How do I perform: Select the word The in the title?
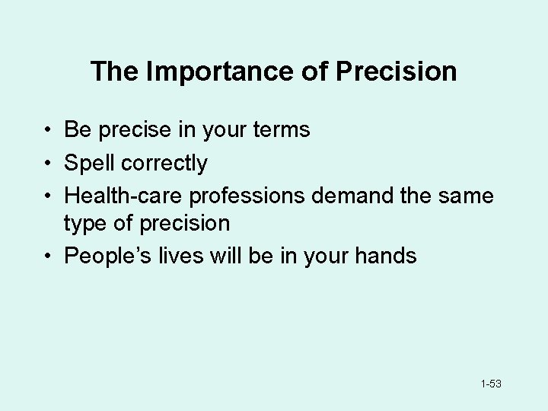tap(114, 72)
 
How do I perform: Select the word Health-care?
tap(124, 196)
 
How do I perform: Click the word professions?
tap(249, 196)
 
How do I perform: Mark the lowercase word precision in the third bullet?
tap(186, 224)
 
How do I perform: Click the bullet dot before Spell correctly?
tap(47, 164)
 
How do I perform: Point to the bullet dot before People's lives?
tap(47, 256)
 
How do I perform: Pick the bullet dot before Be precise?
tap(47, 131)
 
